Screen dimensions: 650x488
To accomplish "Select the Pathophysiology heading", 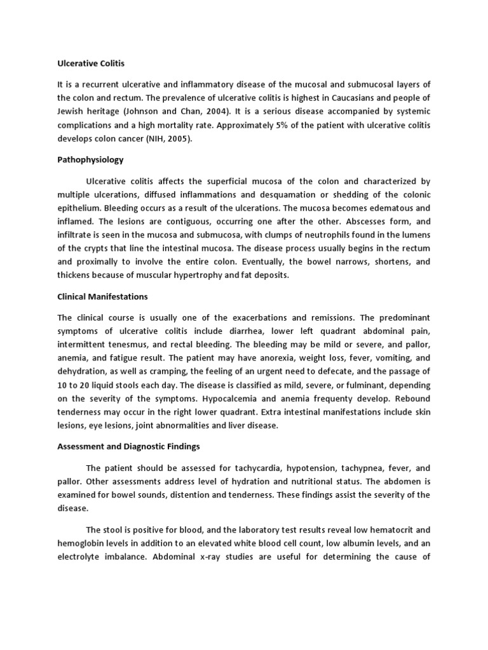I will [90, 160].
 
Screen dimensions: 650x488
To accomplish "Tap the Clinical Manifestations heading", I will [102, 296].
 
